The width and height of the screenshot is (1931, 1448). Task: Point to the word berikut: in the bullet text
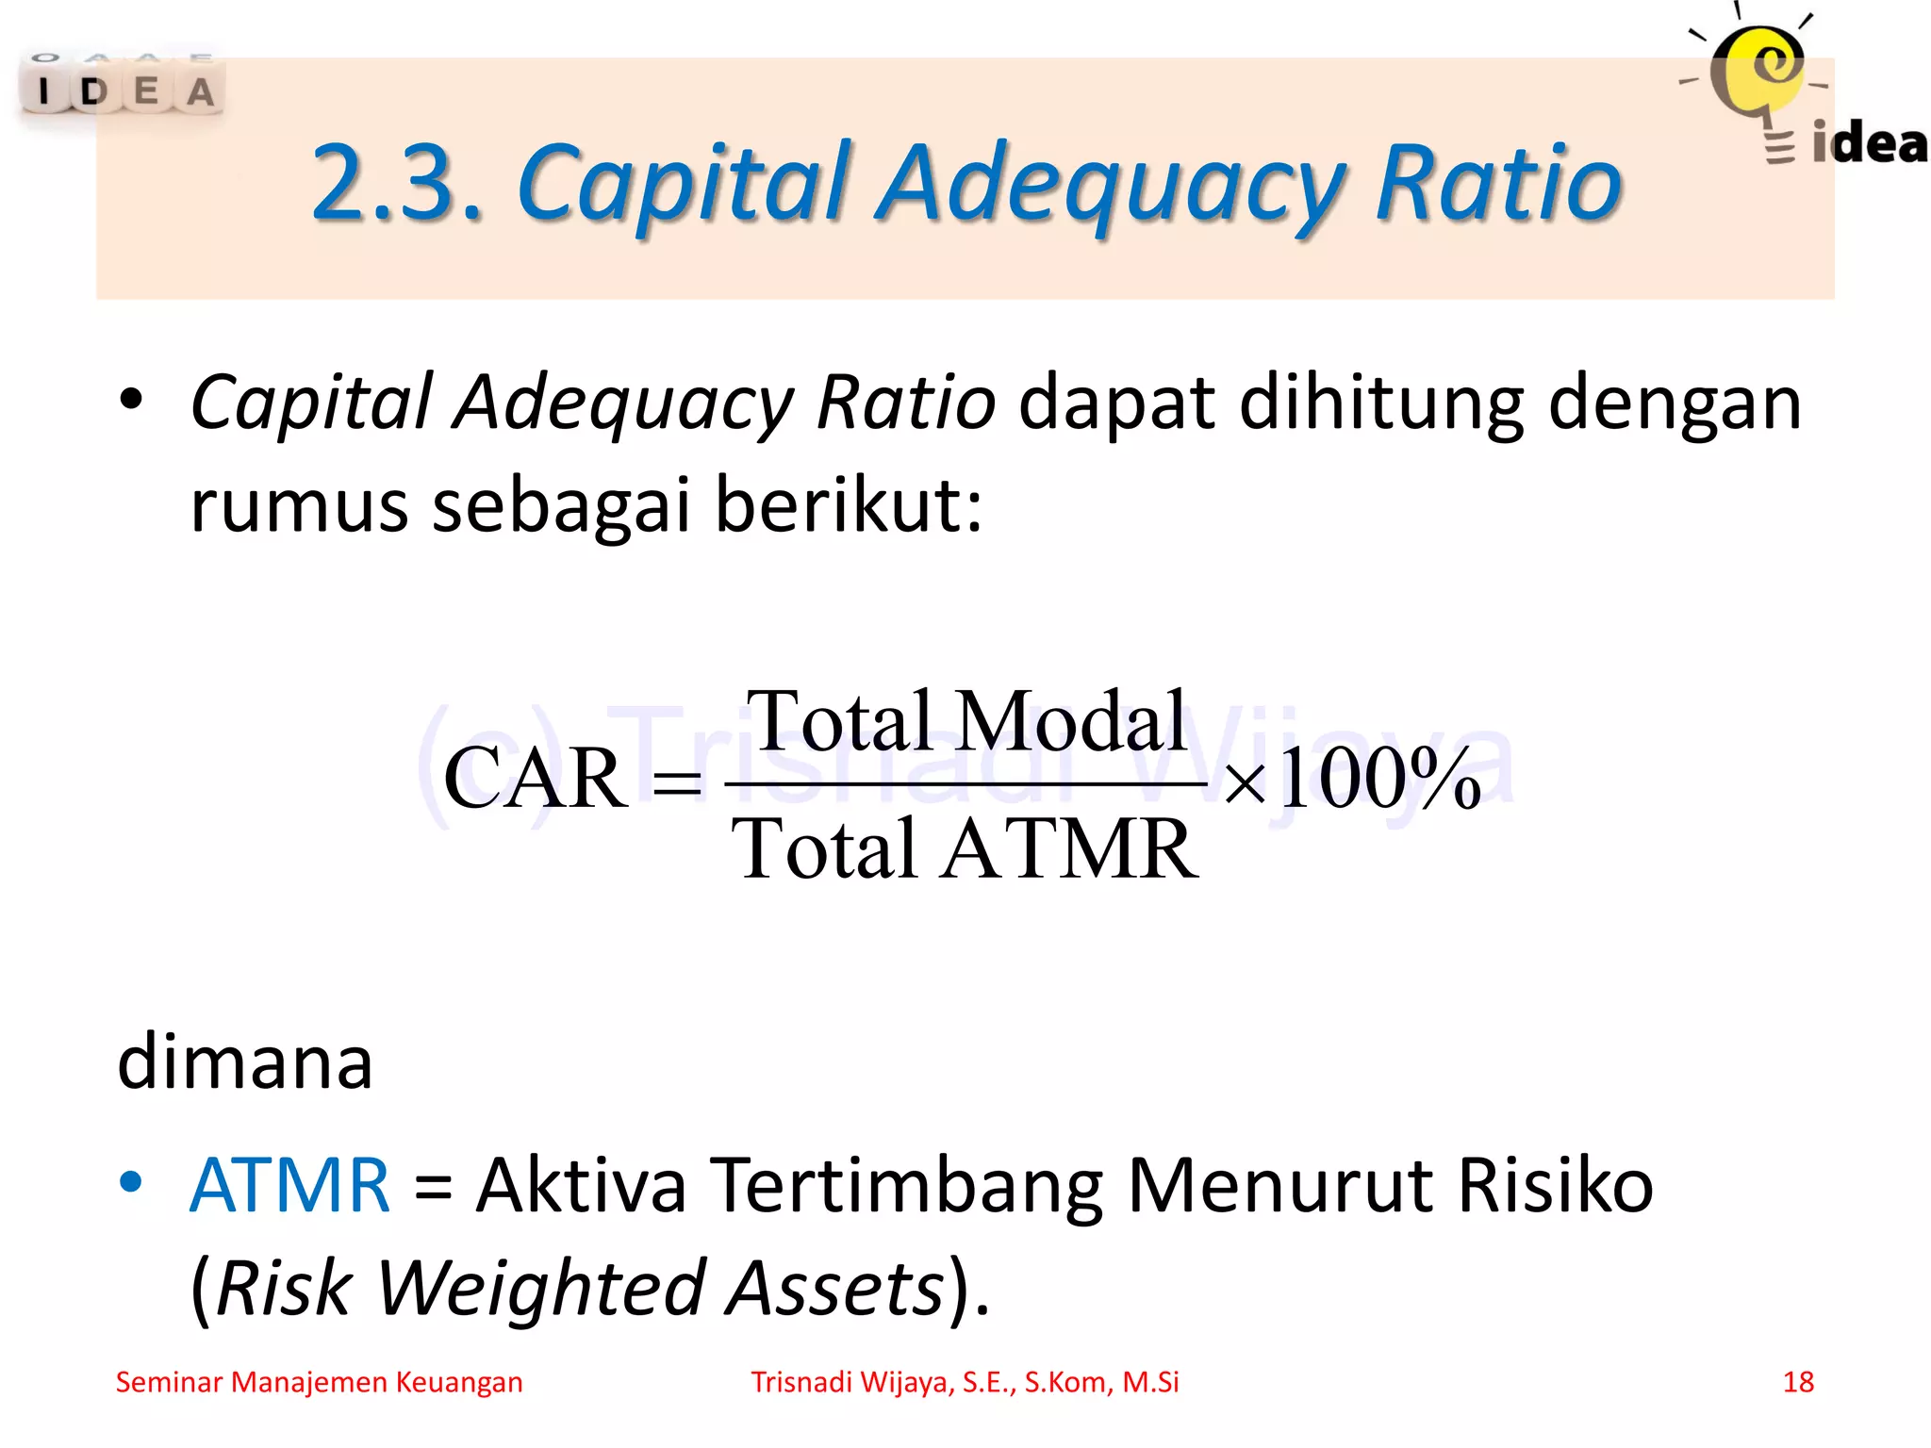[849, 504]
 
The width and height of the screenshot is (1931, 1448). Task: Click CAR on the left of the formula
[535, 779]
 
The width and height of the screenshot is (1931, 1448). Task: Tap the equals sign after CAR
[677, 782]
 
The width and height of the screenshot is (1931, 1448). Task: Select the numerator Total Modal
[966, 721]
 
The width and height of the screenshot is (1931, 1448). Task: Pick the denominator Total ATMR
[965, 848]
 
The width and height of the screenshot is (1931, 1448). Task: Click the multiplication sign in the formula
[1245, 782]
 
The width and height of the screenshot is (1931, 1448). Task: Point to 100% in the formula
[1379, 779]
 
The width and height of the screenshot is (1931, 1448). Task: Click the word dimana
[245, 1062]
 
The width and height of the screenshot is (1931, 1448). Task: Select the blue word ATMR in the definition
[289, 1185]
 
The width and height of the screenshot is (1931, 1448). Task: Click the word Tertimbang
[906, 1187]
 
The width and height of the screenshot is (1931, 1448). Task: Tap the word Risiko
[1555, 1185]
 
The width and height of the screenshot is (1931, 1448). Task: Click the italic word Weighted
[542, 1289]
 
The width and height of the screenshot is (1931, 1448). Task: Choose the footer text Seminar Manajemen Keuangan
[319, 1382]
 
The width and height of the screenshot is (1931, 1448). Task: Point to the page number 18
[1798, 1382]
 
